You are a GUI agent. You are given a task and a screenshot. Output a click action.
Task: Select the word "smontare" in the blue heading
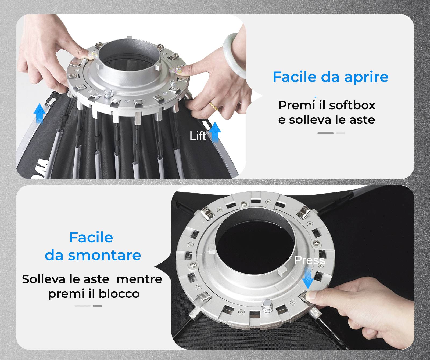(x=104, y=255)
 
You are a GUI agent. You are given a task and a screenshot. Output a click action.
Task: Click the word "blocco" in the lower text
(x=119, y=294)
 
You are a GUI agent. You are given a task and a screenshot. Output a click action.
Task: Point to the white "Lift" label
(x=198, y=136)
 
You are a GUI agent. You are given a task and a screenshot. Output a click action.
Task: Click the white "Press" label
(x=310, y=260)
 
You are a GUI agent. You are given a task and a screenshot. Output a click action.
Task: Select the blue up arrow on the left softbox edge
(x=40, y=114)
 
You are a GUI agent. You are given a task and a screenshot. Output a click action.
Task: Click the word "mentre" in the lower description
(x=139, y=279)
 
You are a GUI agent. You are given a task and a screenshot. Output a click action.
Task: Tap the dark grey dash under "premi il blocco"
(x=97, y=306)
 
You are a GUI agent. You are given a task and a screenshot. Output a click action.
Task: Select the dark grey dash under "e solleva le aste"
(x=325, y=133)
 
